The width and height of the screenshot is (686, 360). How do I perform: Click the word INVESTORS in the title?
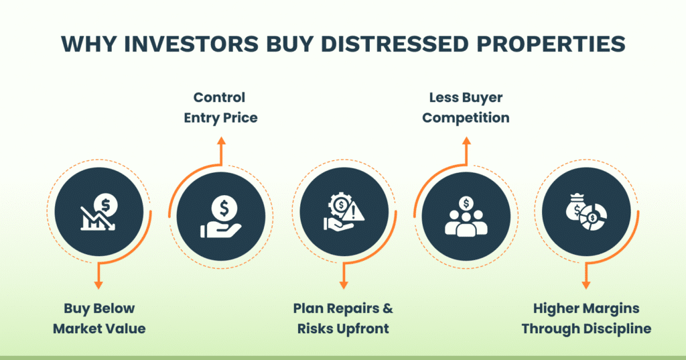177,43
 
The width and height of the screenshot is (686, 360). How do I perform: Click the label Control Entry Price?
220,107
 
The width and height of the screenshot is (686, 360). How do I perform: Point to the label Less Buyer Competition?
466,107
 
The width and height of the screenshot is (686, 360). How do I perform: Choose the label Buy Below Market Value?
99,318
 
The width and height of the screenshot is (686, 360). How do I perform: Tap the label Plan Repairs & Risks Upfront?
343,318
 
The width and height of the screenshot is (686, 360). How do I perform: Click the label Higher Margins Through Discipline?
586,318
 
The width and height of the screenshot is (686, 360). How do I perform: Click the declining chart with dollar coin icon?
98,211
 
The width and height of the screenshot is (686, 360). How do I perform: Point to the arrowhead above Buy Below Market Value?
99,284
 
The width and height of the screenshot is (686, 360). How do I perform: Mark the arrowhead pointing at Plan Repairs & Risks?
343,284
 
